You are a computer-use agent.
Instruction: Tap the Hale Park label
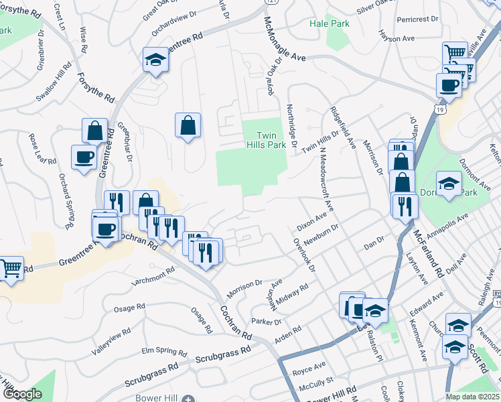pos(330,23)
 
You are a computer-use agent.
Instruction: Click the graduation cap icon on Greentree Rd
pos(155,60)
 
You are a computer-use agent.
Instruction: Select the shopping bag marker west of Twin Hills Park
pos(188,125)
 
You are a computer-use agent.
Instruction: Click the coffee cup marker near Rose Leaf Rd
pos(84,158)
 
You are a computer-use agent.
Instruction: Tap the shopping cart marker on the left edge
pos(11,269)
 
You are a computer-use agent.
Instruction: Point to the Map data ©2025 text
pos(472,397)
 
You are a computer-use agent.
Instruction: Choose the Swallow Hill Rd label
pos(53,83)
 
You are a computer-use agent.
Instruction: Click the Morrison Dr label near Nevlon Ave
pos(244,286)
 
